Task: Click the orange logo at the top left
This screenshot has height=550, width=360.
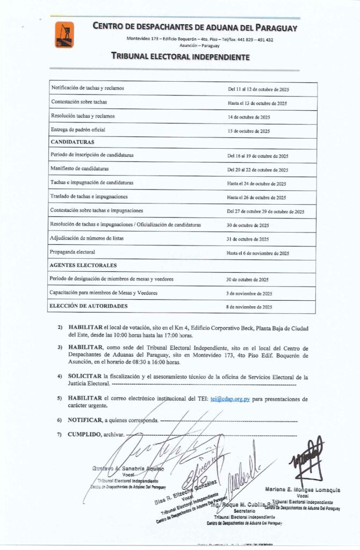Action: pyautogui.click(x=64, y=34)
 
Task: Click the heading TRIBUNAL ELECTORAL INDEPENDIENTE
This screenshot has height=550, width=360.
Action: pyautogui.click(x=179, y=56)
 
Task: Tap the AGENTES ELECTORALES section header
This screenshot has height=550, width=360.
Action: pyautogui.click(x=83, y=265)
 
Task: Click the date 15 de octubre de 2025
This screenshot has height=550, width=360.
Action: pyautogui.click(x=248, y=131)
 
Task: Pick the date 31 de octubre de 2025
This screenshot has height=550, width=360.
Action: pyautogui.click(x=248, y=239)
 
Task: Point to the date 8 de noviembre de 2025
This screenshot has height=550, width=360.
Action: pyautogui.click(x=249, y=307)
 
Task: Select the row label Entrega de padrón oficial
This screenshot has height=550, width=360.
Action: pyautogui.click(x=78, y=130)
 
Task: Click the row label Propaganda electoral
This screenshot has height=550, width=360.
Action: pyautogui.click(x=73, y=252)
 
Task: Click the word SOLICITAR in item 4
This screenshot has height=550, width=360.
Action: pyautogui.click(x=85, y=377)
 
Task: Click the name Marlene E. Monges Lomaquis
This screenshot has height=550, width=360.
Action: pyautogui.click(x=303, y=490)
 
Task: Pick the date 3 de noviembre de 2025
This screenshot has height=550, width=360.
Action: pyautogui.click(x=249, y=293)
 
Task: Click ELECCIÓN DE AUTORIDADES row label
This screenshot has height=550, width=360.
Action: pyautogui.click(x=89, y=306)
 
